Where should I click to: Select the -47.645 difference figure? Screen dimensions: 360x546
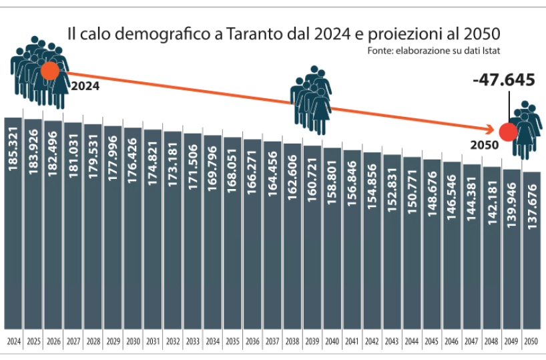tap(503, 80)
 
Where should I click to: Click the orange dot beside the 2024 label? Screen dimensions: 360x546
tap(50, 71)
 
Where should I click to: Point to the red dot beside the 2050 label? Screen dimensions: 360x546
tap(509, 132)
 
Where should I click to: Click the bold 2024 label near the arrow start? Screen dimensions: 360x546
tap(85, 85)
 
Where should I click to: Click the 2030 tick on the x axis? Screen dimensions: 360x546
tap(133, 341)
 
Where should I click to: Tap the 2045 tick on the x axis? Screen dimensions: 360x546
tap(432, 341)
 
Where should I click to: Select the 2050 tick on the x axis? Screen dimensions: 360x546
tap(532, 341)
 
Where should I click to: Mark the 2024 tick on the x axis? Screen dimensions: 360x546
tap(13, 341)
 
